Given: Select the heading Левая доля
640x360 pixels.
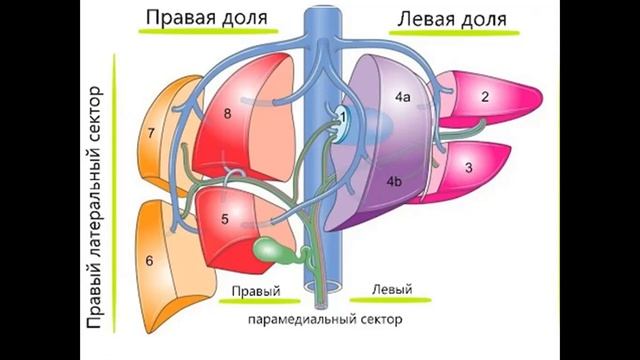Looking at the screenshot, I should pos(451,18).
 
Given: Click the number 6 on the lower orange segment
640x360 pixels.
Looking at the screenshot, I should pos(149,261).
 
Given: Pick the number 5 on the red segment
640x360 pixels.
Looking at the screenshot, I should pos(225,218).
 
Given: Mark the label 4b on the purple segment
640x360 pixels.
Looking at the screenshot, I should pos(394,181).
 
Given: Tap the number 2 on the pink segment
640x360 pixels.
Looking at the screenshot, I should pos(484,97).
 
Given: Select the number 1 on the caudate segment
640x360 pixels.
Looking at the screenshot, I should pos(343,116).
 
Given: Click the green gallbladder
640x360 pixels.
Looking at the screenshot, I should pos(271,249).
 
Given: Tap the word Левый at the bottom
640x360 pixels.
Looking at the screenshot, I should pos(392,290).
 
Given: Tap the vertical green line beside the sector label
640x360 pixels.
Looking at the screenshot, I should pos(117,200).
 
